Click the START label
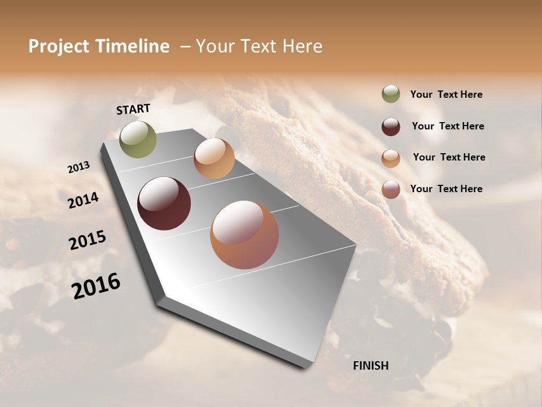(133, 109)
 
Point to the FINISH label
(371, 366)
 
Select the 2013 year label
(78, 167)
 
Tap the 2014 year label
(83, 200)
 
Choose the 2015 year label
(88, 240)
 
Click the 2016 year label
(96, 285)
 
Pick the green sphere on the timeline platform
(138, 139)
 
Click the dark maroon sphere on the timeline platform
(164, 203)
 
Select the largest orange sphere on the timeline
(244, 235)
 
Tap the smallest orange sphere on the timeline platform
(214, 158)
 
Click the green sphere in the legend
(391, 94)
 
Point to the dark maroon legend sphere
(391, 127)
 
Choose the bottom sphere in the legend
(391, 189)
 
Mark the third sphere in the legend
(391, 158)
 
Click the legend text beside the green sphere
(446, 95)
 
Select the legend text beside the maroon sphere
(448, 127)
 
